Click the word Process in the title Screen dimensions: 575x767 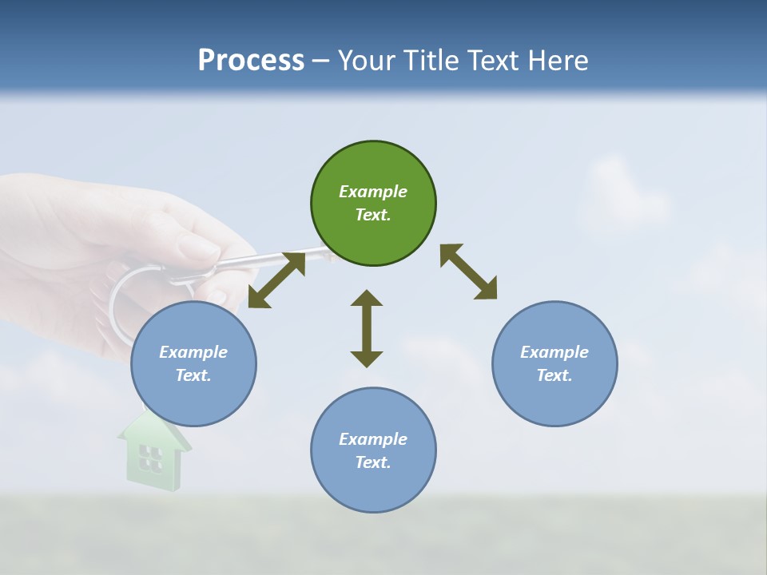251,61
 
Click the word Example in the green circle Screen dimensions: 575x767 373,192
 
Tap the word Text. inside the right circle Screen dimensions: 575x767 554,375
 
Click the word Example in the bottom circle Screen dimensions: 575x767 373,439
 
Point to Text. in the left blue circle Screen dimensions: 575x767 193,375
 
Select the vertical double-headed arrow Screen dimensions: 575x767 367,328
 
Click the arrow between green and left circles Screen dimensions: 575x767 276,280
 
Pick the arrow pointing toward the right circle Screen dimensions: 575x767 468,272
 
